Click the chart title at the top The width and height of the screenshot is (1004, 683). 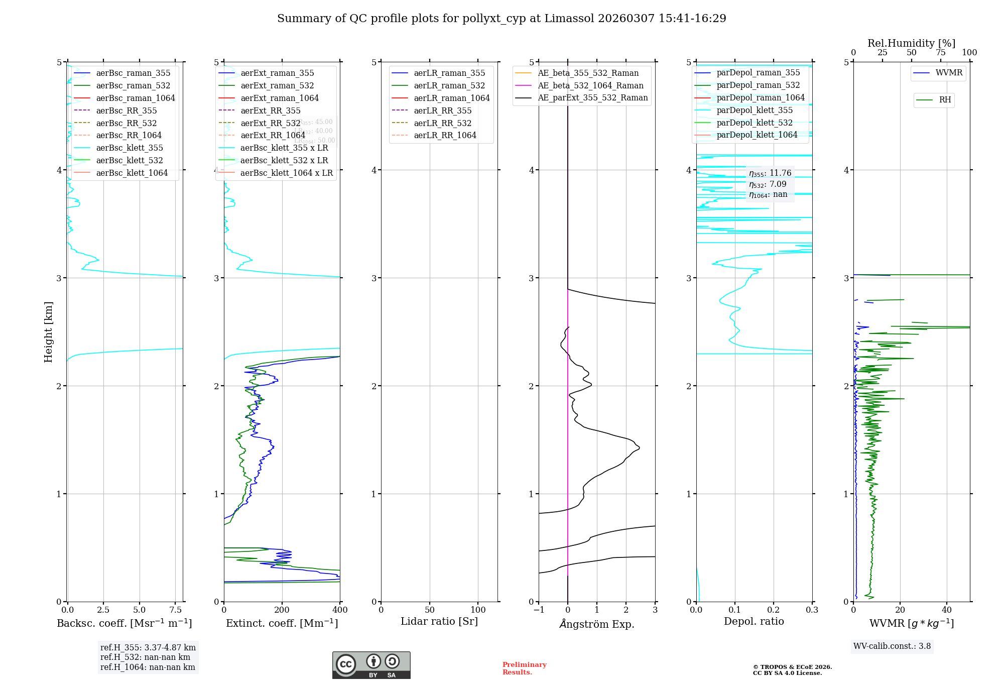coord(501,19)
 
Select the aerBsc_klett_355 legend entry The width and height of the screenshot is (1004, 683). coord(129,148)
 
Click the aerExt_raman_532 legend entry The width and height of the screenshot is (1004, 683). coord(277,85)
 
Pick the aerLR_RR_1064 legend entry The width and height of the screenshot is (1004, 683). coord(445,135)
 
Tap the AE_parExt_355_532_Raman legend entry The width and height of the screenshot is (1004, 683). coord(592,97)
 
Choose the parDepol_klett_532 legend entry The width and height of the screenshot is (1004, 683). coord(754,123)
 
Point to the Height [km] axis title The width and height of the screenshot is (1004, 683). coord(48,331)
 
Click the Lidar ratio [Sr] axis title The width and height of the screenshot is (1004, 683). coord(439,622)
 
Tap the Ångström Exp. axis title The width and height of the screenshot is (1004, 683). coord(596,624)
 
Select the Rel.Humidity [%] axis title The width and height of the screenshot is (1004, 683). coord(911,43)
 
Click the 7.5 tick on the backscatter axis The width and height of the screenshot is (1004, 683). coord(176,610)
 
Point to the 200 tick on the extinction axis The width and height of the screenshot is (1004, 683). coord(282,610)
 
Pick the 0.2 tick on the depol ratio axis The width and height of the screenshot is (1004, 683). coord(774,610)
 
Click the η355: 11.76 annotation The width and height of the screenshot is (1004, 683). coord(770,173)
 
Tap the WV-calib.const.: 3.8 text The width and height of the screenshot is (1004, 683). coord(892,646)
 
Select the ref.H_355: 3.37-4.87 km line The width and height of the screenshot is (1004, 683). coord(148,648)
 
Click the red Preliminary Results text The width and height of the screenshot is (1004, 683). coord(524,668)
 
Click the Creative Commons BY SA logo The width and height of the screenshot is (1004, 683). coord(371,665)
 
